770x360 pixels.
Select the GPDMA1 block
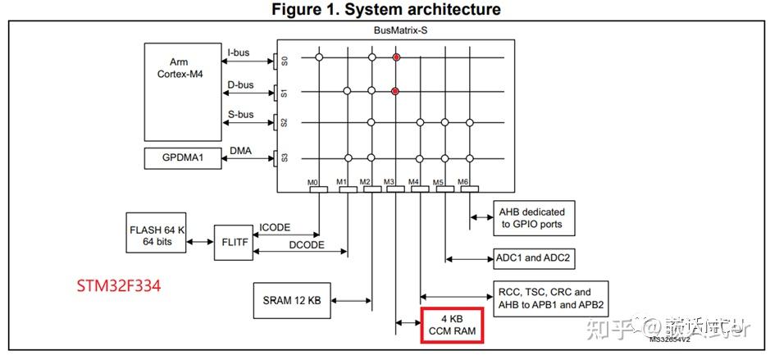click(184, 158)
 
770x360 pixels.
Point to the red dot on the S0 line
click(396, 57)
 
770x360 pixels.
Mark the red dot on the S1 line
click(396, 91)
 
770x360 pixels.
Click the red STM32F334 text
click(120, 286)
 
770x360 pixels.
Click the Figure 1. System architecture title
click(386, 9)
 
